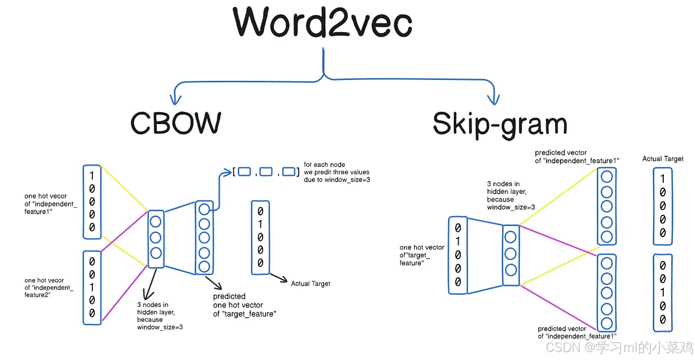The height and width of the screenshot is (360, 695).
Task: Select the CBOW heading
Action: pos(176,123)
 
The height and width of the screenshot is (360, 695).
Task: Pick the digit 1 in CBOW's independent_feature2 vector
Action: pos(92,287)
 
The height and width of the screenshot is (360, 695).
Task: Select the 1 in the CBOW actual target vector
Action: pos(260,224)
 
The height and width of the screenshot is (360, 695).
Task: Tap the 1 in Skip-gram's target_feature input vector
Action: pos(458,242)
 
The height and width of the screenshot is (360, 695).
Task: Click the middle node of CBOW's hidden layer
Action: pos(156,237)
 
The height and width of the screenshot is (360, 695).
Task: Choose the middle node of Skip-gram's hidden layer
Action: pos(510,254)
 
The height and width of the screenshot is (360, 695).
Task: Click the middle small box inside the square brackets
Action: pos(266,172)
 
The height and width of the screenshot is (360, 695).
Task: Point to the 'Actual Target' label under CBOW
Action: pos(310,284)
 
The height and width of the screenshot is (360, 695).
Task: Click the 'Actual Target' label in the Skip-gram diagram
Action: pos(663,159)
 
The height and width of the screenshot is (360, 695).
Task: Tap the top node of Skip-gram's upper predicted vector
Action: pos(606,177)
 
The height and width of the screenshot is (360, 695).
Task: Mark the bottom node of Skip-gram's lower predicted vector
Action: pos(606,324)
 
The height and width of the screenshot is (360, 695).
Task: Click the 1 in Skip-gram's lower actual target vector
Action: pos(663,292)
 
